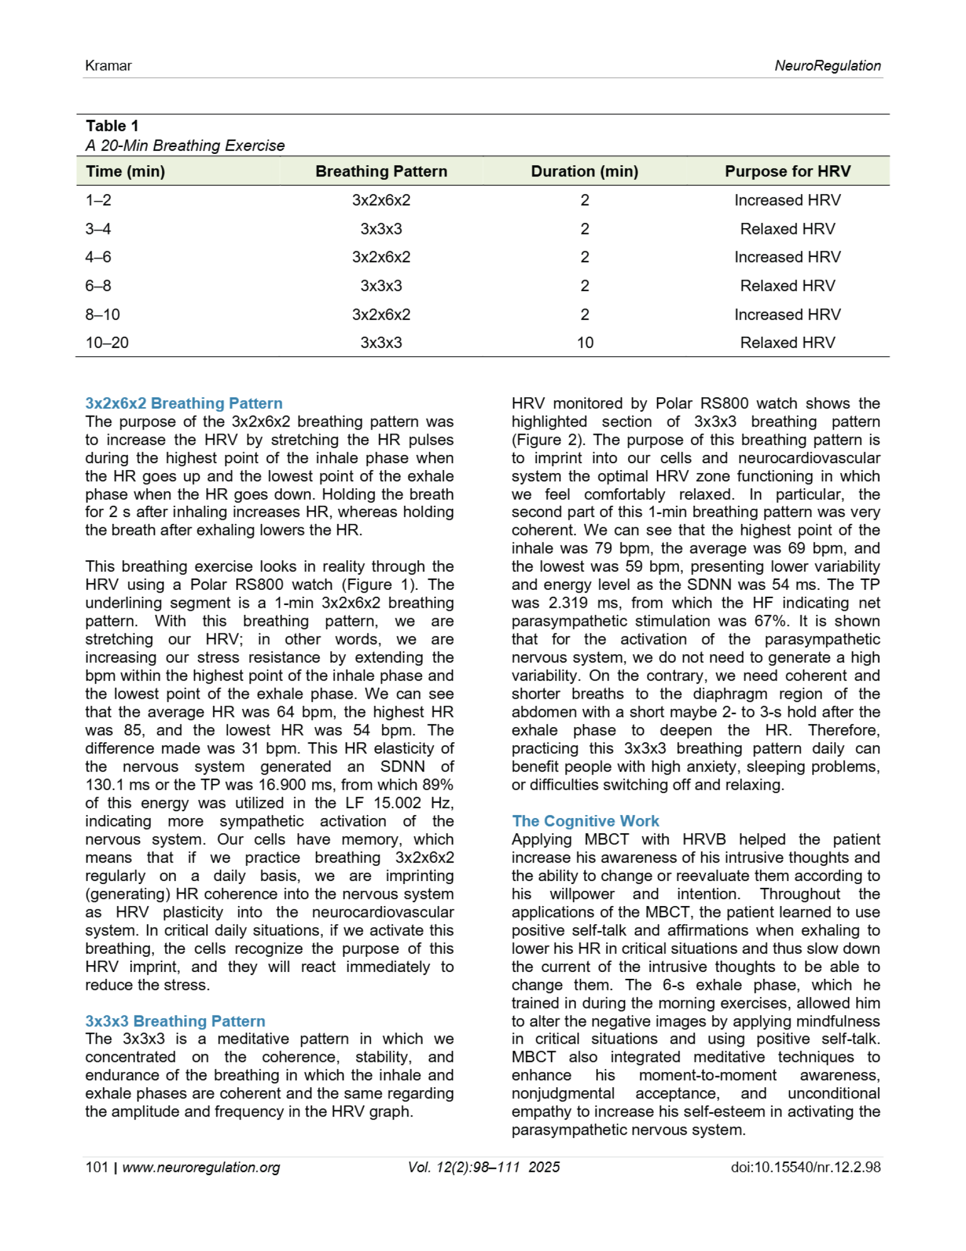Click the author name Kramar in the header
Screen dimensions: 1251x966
[x=108, y=66]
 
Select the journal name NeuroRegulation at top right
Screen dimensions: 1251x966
[x=827, y=66]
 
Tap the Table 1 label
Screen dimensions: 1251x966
[x=112, y=126]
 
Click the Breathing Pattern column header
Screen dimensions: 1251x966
[x=381, y=171]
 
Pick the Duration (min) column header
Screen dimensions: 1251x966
[x=584, y=171]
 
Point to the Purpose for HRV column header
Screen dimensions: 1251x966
[x=787, y=171]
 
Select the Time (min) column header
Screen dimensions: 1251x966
[x=126, y=171]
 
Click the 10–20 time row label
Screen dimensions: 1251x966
[x=107, y=343]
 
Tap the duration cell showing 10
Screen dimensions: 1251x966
[x=585, y=343]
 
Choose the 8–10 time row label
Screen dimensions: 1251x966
[x=103, y=315]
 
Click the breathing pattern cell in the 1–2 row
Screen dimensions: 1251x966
[x=381, y=200]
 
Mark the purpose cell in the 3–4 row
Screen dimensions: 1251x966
[x=787, y=229]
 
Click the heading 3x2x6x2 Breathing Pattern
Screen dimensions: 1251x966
[x=184, y=403]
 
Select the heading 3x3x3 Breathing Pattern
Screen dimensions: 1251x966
[x=175, y=1021]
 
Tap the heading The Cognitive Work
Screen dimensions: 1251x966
[x=585, y=821]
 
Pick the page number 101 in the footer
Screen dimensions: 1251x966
[x=97, y=1167]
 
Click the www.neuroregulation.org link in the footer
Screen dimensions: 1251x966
[x=201, y=1167]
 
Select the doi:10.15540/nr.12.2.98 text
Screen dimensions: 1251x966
[x=805, y=1167]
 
